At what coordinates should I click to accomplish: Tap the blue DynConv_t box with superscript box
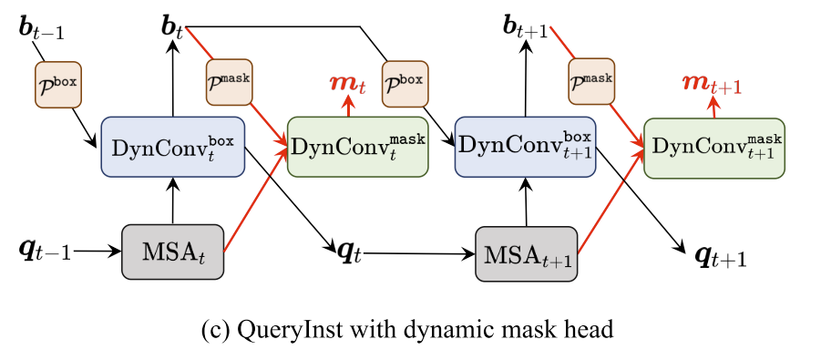(172, 146)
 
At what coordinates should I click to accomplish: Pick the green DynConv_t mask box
(357, 147)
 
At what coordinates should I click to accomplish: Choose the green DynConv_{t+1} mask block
(713, 147)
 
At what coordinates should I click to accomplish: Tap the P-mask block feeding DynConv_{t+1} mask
(590, 79)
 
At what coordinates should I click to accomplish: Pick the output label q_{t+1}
(721, 258)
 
